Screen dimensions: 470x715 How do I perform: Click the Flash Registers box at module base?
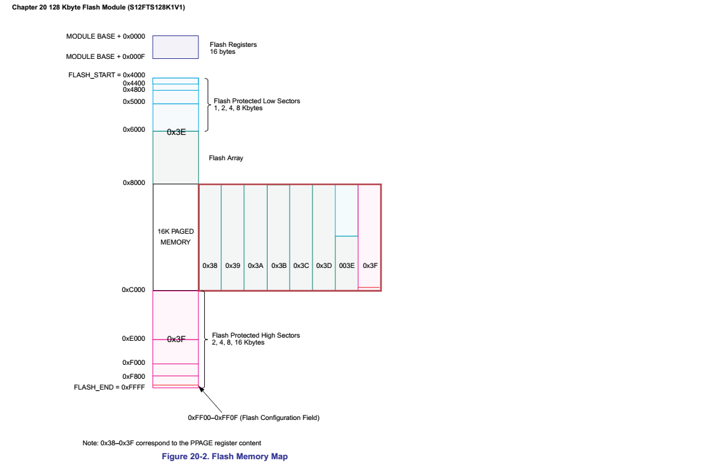pyautogui.click(x=175, y=47)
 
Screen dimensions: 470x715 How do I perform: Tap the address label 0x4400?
pyautogui.click(x=134, y=83)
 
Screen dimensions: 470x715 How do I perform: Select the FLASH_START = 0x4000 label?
pyautogui.click(x=106, y=75)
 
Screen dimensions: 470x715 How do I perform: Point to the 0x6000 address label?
pyautogui.click(x=134, y=129)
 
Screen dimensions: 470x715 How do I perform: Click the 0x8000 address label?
pyautogui.click(x=134, y=182)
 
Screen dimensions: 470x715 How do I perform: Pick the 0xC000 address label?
pyautogui.click(x=133, y=289)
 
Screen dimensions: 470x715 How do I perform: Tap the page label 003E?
pyautogui.click(x=347, y=265)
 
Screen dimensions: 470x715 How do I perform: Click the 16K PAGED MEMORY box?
pyautogui.click(x=176, y=237)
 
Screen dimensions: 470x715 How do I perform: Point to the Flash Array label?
pyautogui.click(x=226, y=158)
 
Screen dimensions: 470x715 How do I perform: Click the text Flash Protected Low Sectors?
pyautogui.click(x=257, y=101)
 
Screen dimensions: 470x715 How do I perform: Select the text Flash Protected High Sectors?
pyautogui.click(x=255, y=335)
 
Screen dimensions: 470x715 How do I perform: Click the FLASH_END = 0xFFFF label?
pyautogui.click(x=109, y=386)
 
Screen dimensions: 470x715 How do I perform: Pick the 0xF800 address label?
pyautogui.click(x=133, y=376)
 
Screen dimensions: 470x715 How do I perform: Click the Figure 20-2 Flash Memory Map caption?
pyautogui.click(x=225, y=456)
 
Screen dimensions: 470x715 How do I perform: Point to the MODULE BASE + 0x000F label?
pyautogui.click(x=105, y=56)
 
